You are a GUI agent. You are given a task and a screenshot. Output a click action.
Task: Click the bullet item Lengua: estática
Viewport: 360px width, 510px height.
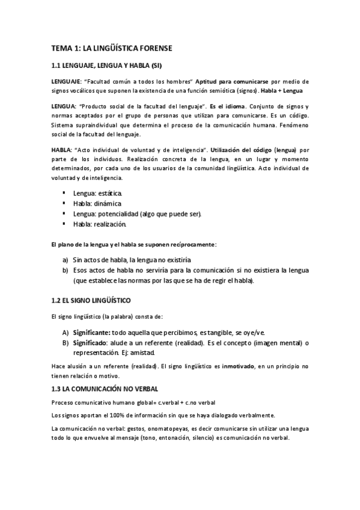(97, 193)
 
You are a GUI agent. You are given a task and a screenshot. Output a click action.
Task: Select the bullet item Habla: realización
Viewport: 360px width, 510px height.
(100, 224)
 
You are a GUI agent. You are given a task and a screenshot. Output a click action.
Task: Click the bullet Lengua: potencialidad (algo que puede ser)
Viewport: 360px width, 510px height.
(137, 214)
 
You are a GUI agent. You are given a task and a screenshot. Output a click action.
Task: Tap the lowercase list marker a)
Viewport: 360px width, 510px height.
(66, 260)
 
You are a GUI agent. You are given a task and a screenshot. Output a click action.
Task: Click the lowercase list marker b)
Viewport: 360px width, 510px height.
(66, 271)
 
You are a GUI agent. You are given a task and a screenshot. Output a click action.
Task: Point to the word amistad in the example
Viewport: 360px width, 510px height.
(156, 353)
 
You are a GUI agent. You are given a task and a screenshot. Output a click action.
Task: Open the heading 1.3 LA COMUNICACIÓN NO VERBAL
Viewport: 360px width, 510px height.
(104, 390)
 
